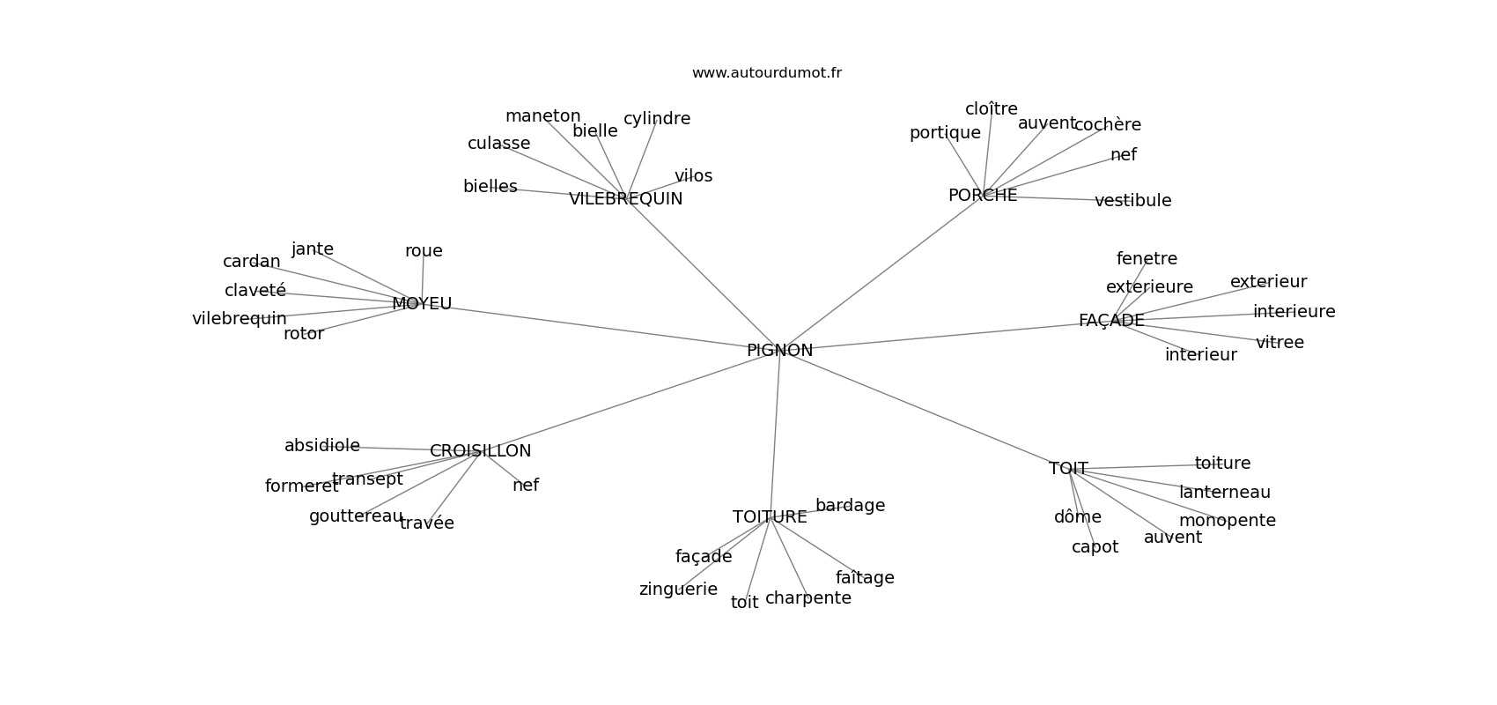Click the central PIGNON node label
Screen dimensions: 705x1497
pos(779,351)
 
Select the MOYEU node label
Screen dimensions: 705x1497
pos(422,304)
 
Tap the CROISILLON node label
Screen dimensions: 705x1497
pos(480,451)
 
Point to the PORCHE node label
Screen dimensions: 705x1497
pos(983,196)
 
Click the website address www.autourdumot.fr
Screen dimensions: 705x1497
pos(766,73)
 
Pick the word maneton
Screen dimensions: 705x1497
pos(542,116)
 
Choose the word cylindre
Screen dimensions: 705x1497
pos(657,119)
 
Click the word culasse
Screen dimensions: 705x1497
pos(498,144)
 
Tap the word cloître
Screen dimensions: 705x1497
pos(991,109)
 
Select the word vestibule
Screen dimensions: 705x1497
pos(1132,201)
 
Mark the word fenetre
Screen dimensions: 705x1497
pos(1147,259)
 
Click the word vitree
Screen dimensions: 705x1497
pos(1279,343)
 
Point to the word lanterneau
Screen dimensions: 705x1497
pos(1224,493)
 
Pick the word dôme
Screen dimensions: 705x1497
pos(1077,517)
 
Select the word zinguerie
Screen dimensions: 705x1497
pos(678,590)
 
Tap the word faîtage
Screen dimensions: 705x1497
pos(865,578)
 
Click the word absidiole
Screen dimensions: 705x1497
pos(321,446)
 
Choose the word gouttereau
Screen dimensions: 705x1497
pos(356,516)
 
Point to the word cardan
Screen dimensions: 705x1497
pos(251,262)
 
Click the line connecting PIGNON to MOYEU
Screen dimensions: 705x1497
pos(599,327)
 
